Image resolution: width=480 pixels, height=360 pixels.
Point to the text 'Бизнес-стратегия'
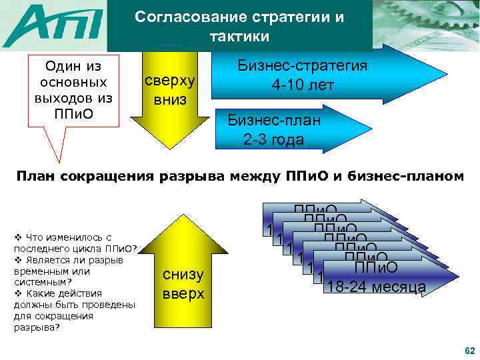point(303,67)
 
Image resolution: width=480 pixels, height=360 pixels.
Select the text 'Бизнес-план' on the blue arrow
point(274,121)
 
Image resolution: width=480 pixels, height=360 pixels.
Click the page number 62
point(469,351)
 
